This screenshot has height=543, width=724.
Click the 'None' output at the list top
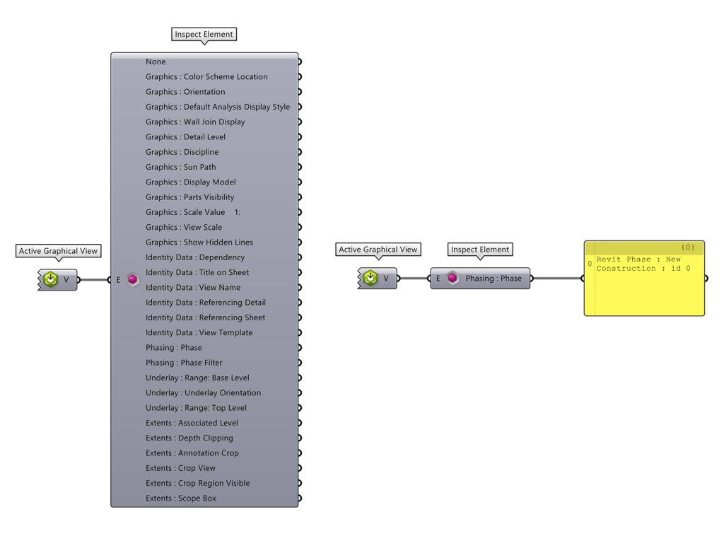pyautogui.click(x=156, y=62)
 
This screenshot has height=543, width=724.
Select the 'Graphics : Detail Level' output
pyautogui.click(x=185, y=136)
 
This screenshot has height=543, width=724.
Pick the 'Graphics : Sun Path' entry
pyautogui.click(x=181, y=167)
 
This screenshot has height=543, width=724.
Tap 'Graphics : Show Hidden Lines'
pyautogui.click(x=199, y=242)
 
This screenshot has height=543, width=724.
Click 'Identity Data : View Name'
pyautogui.click(x=192, y=287)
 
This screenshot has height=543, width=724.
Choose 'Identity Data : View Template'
pyautogui.click(x=199, y=332)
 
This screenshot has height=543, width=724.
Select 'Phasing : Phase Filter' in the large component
pyautogui.click(x=184, y=363)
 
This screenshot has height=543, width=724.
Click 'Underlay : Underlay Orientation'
pyautogui.click(x=203, y=392)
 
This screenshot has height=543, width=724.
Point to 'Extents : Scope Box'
pyautogui.click(x=180, y=498)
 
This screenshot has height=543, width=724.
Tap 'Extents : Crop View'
pyautogui.click(x=180, y=468)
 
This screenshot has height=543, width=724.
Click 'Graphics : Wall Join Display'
pyautogui.click(x=195, y=122)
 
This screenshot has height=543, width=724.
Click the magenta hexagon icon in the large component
pyautogui.click(x=133, y=280)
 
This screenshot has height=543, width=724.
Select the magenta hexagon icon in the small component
pyautogui.click(x=452, y=279)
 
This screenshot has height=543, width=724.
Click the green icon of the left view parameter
pyautogui.click(x=50, y=280)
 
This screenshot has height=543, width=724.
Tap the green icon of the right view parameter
pyautogui.click(x=370, y=279)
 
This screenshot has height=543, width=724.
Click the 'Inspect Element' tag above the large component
pyautogui.click(x=204, y=34)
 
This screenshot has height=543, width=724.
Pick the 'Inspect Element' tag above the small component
pyautogui.click(x=480, y=250)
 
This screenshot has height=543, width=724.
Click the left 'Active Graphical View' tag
pyautogui.click(x=58, y=251)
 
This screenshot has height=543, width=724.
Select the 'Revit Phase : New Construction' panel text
pyautogui.click(x=638, y=264)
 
